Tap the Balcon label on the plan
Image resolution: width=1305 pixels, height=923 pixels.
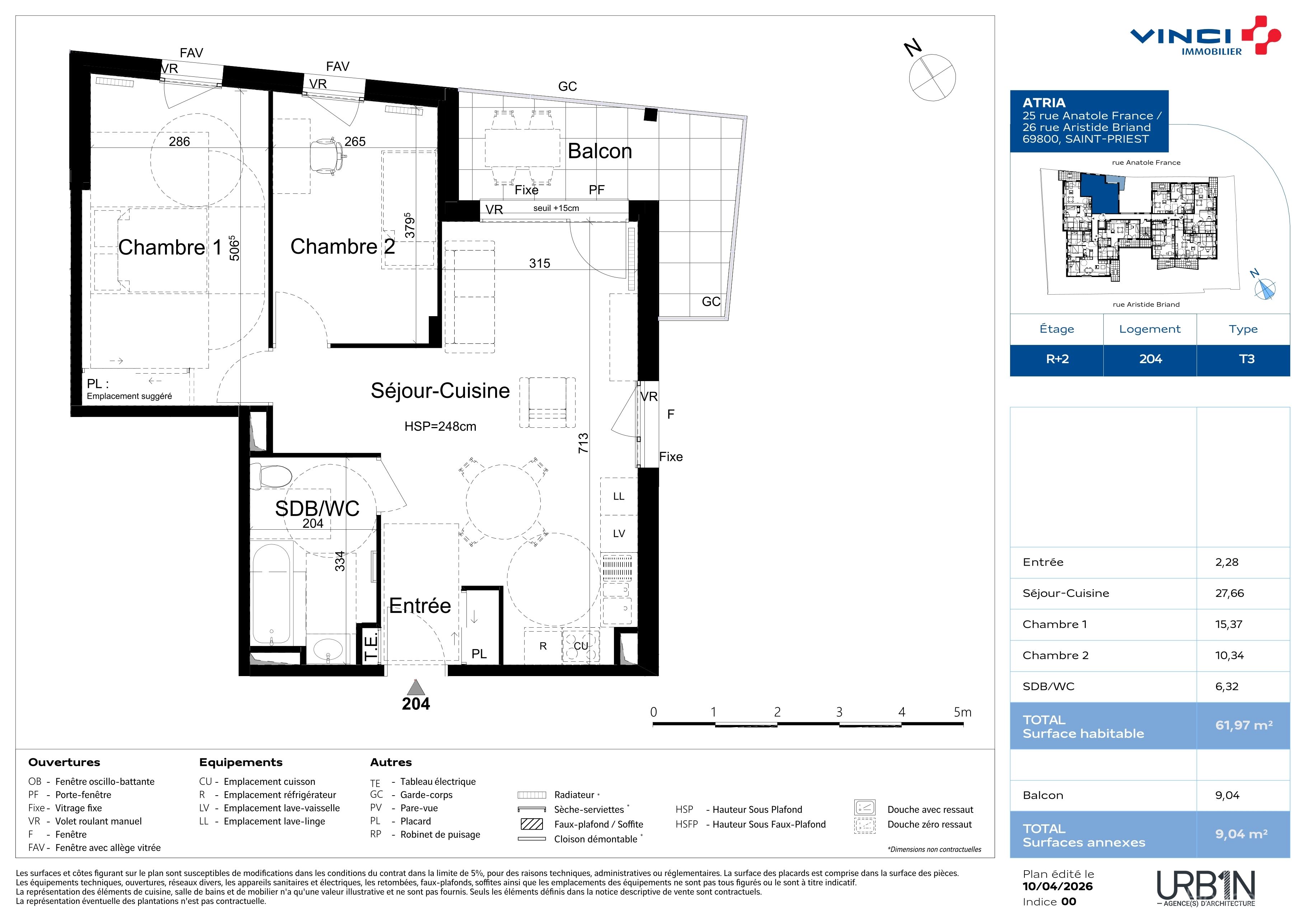[600, 151]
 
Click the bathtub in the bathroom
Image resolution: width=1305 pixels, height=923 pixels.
[271, 594]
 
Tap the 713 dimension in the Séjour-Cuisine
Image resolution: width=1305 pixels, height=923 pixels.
[583, 443]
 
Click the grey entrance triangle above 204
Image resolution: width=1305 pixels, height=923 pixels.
[416, 687]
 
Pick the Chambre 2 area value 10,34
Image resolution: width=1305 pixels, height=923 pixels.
[1229, 655]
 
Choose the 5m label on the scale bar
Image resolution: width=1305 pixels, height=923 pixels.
[962, 712]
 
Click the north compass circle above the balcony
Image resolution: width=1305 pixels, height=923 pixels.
[932, 78]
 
